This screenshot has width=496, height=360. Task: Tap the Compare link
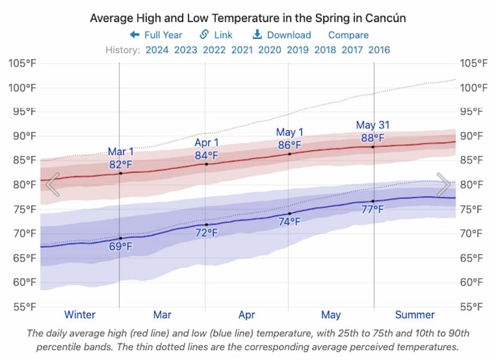(x=348, y=35)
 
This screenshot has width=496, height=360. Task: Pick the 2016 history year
(x=379, y=49)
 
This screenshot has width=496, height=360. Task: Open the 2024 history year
(x=157, y=49)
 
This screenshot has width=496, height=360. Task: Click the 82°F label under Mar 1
(x=121, y=164)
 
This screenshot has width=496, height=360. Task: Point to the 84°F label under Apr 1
(x=207, y=155)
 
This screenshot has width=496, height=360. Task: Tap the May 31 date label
(x=372, y=125)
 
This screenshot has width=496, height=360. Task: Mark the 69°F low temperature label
(x=121, y=247)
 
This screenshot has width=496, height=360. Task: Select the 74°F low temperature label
(x=290, y=222)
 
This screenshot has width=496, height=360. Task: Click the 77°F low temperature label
(x=372, y=210)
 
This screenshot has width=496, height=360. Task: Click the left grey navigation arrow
(x=52, y=185)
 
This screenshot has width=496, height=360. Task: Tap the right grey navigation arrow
(x=443, y=185)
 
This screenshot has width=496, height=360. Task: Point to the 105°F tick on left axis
(x=22, y=63)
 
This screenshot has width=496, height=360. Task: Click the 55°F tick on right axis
(x=473, y=307)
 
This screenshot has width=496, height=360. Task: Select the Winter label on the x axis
(x=80, y=315)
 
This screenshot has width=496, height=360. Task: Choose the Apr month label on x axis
(x=247, y=315)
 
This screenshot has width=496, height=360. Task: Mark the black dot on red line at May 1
(x=290, y=154)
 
